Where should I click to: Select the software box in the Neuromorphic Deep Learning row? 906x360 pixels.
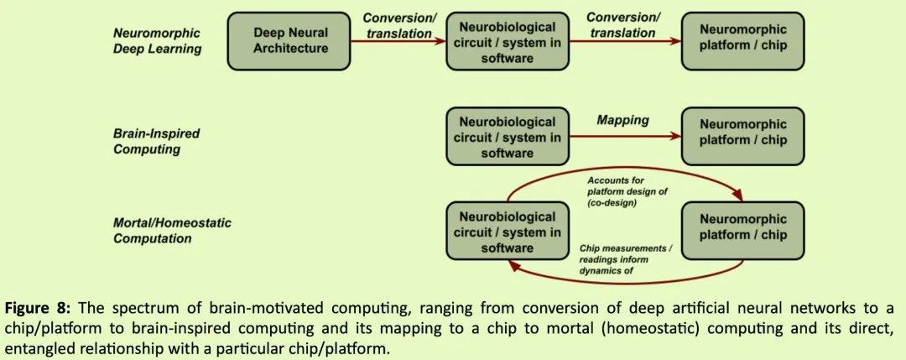[x=507, y=41]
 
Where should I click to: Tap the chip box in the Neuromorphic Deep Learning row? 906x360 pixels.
[x=742, y=41]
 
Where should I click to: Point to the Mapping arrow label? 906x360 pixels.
[x=622, y=120]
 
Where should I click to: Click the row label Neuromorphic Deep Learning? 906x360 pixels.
[x=158, y=41]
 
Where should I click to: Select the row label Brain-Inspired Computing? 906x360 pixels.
[x=147, y=142]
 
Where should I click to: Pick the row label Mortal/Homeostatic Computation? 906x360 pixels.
[x=172, y=231]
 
